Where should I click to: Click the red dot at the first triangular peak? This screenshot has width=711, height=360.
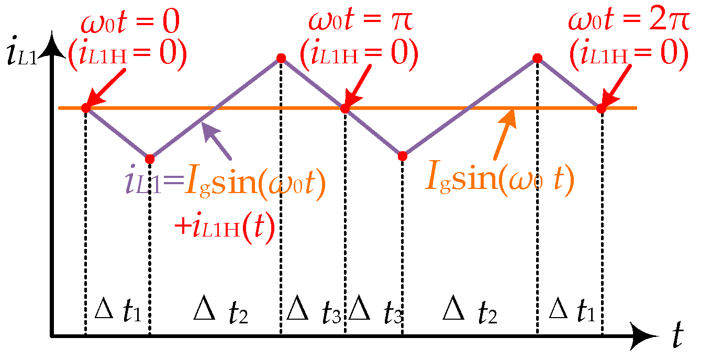pyautogui.click(x=281, y=58)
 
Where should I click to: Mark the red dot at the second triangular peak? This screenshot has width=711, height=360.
pyautogui.click(x=537, y=58)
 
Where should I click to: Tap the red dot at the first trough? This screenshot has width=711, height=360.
pyautogui.click(x=150, y=159)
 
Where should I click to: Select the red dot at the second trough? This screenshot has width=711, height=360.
pyautogui.click(x=402, y=156)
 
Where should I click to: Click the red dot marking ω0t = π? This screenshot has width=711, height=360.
pyautogui.click(x=345, y=108)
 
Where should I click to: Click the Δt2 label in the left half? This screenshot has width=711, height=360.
pyautogui.click(x=220, y=312)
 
